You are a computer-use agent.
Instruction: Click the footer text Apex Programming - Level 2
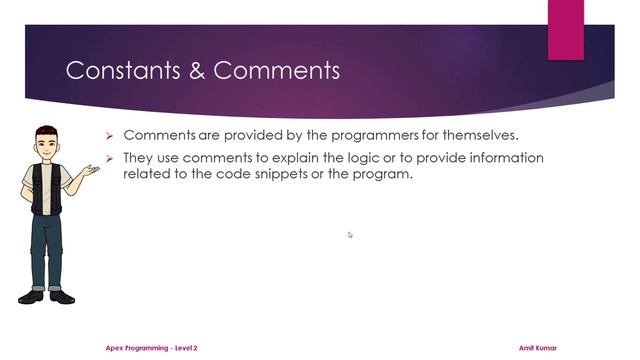coord(152,348)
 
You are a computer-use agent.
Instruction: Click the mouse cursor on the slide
coord(350,235)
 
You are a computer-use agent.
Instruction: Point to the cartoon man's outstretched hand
coord(92,171)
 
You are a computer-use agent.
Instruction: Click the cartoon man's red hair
coord(44,130)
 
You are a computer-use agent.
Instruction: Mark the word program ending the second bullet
coord(384,173)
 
